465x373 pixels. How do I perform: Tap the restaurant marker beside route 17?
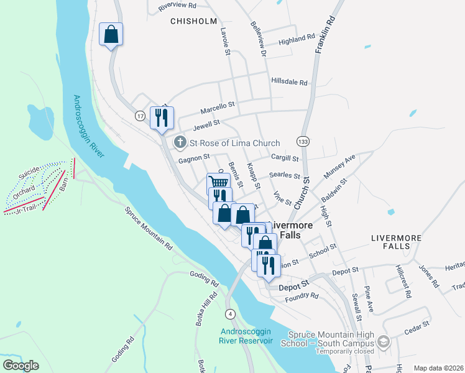point(162,117)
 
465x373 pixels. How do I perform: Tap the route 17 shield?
point(140,116)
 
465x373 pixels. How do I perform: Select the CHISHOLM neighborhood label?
point(193,21)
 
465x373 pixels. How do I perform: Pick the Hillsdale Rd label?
point(289,82)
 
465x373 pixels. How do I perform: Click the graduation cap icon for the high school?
point(384,341)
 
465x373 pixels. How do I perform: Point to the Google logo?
point(21,366)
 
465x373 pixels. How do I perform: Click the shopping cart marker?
point(218,183)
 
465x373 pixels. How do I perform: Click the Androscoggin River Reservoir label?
point(246,336)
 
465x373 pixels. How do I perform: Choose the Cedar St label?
point(417,325)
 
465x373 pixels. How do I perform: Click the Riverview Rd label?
point(177,5)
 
